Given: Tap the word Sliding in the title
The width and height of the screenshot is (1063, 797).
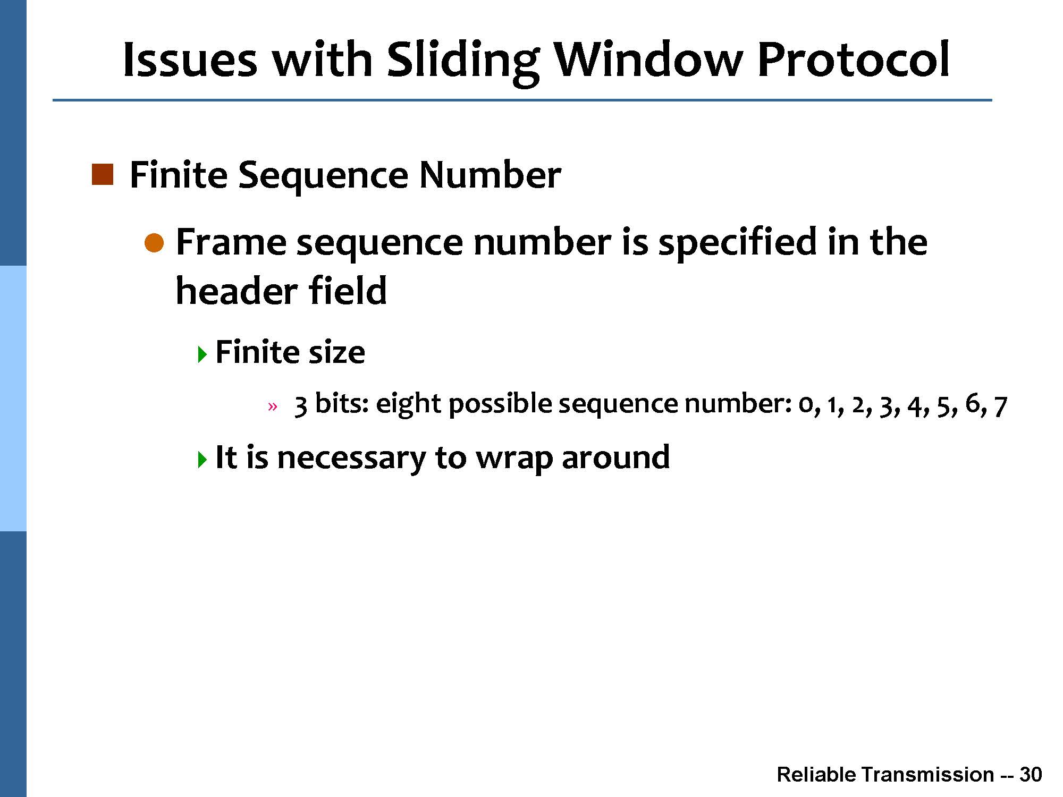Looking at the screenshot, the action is [463, 61].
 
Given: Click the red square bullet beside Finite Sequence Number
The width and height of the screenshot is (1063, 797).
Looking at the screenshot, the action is [103, 175].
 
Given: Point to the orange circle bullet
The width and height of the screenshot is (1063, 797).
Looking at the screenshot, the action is [155, 243].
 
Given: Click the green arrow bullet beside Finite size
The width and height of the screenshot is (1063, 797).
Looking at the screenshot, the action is [201, 354].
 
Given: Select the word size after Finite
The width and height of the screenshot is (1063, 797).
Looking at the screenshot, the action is [336, 352].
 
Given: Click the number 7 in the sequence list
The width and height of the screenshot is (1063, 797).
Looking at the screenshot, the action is [1000, 406].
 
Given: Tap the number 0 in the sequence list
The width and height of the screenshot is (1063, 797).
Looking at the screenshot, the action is [806, 405].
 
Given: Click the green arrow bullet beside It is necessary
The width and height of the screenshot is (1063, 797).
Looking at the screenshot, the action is [201, 459].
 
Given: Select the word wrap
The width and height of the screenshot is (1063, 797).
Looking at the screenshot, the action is [514, 459].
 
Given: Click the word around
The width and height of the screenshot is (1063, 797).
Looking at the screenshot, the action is [615, 457].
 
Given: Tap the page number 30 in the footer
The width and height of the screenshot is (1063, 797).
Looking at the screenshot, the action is [1031, 775].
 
